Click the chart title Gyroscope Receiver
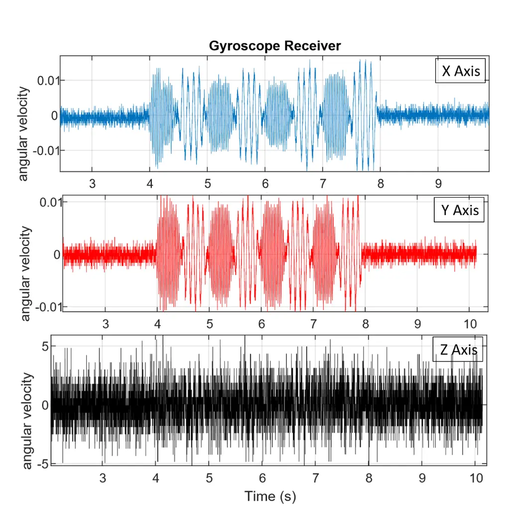tap(275, 46)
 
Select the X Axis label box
tap(461, 71)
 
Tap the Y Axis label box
tap(460, 211)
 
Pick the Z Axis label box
tap(458, 350)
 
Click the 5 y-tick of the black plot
tap(45, 346)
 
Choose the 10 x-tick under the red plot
tap(470, 324)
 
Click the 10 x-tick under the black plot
tap(477, 479)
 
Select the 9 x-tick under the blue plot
tap(438, 183)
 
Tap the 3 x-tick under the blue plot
tap(92, 183)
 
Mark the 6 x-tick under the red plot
tap(261, 324)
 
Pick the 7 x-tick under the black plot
tap(315, 479)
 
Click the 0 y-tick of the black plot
tap(45, 405)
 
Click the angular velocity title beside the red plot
tap(26, 274)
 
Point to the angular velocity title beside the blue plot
tap(23, 134)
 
